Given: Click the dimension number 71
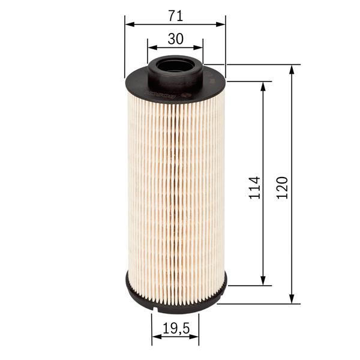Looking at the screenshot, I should pos(175,13).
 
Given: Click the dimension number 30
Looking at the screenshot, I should pos(175,39).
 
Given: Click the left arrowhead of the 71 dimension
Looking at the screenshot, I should pos(128,24).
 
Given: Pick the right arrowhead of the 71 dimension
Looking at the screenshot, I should pos(222,24).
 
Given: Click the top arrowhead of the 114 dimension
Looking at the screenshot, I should pos(263,85).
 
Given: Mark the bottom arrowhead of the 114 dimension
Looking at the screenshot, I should pos(263,281).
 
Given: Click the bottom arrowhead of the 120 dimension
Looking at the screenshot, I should pos(292,299).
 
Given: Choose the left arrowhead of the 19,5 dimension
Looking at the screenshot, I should pos(155,337).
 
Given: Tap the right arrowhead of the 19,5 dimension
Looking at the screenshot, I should pos(196,337).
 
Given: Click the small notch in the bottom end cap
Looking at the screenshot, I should pos(155,309).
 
